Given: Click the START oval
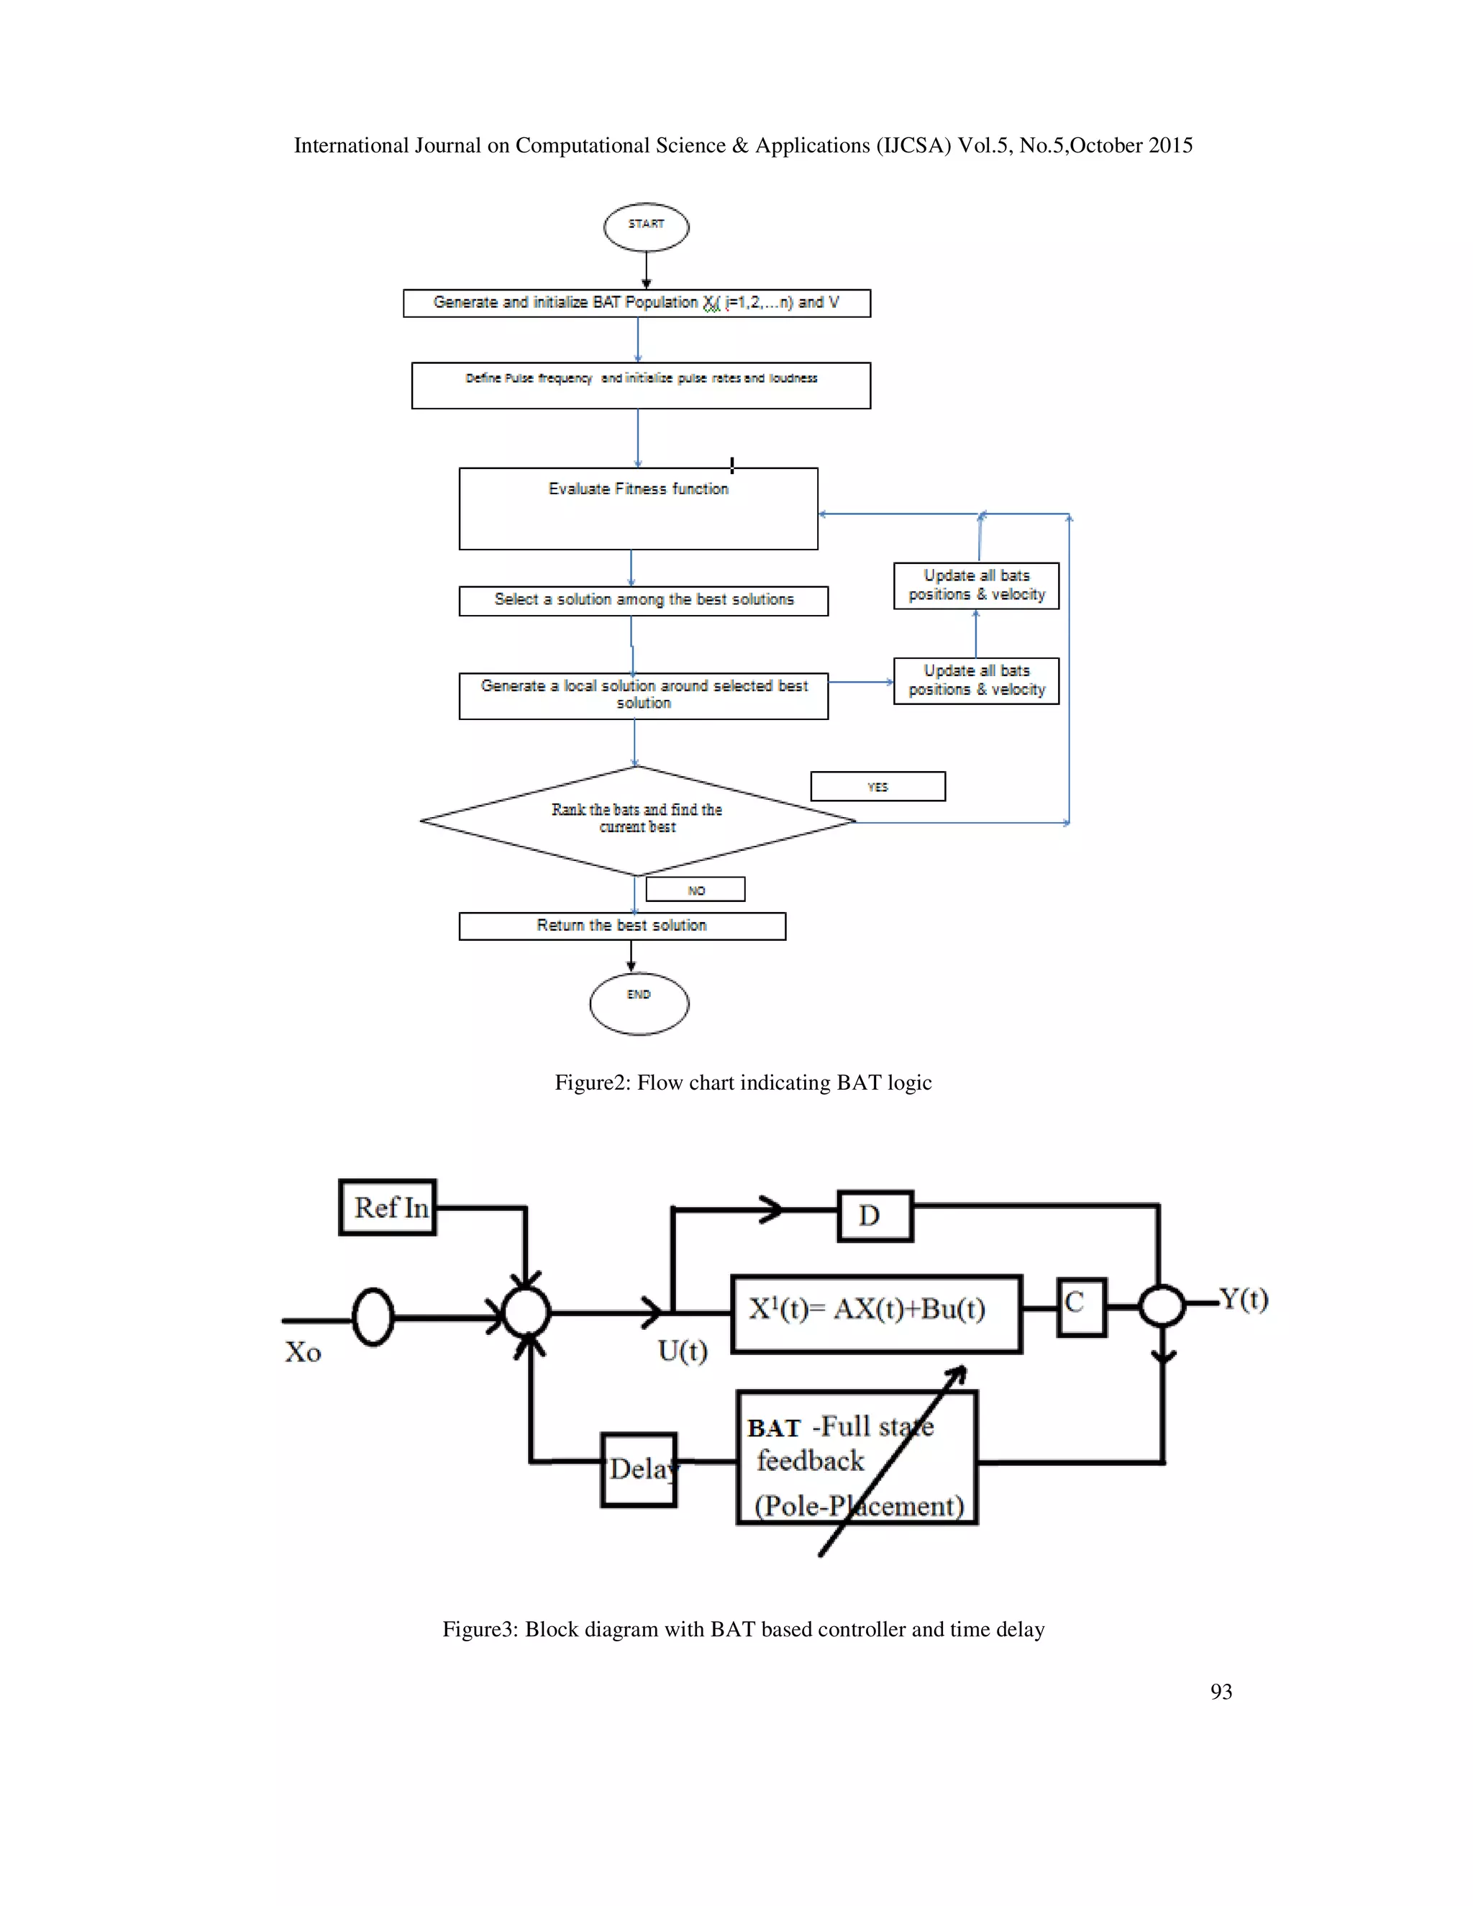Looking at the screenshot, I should pyautogui.click(x=646, y=227).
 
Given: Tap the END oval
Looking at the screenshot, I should pyautogui.click(x=639, y=1003).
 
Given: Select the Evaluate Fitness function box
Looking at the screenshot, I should pyautogui.click(x=638, y=509).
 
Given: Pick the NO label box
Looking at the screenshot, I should pyautogui.click(x=696, y=889).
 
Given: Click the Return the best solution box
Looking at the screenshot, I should pyautogui.click(x=622, y=926).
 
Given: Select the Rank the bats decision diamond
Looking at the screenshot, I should pyautogui.click(x=638, y=821).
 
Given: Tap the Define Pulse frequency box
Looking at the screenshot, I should pyautogui.click(x=641, y=386).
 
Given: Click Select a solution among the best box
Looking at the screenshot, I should pyautogui.click(x=643, y=601).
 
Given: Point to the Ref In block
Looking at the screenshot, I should pyautogui.click(x=388, y=1207).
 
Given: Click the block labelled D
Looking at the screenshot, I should pyautogui.click(x=875, y=1216).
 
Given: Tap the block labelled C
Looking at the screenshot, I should pyautogui.click(x=1081, y=1306).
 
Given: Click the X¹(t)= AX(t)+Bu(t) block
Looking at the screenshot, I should pyautogui.click(x=876, y=1313).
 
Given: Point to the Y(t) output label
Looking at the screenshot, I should pyautogui.click(x=1244, y=1300).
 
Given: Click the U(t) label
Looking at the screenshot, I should pyautogui.click(x=683, y=1351).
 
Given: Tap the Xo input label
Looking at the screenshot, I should pyautogui.click(x=303, y=1352).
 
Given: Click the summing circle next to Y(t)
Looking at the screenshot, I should pyautogui.click(x=1162, y=1306).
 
